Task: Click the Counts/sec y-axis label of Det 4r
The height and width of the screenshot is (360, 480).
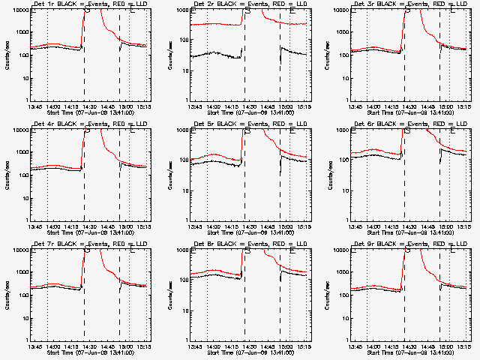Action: point(8,175)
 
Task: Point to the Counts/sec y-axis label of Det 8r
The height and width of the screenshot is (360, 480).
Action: point(169,295)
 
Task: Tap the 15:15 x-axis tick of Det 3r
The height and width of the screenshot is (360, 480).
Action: point(464,106)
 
